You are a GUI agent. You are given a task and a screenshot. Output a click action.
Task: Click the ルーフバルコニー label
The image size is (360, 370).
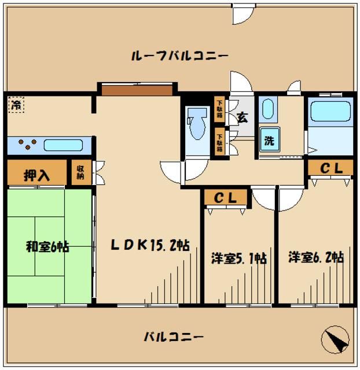click(x=179, y=56)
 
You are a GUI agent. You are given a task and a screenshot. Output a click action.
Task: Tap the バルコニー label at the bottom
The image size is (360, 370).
click(x=172, y=337)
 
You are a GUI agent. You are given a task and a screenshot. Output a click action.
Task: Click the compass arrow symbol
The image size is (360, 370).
click(x=336, y=339)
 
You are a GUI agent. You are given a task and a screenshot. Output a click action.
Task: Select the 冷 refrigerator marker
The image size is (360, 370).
click(x=16, y=105)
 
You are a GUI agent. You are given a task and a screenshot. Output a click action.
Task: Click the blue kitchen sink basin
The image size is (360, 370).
click(x=64, y=145)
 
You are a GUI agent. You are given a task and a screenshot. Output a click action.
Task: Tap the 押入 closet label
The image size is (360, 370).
click(x=36, y=176)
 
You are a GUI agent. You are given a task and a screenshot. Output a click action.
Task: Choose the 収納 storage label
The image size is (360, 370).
click(x=81, y=172)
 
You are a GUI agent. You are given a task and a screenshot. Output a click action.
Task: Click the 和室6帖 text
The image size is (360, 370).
click(x=47, y=247)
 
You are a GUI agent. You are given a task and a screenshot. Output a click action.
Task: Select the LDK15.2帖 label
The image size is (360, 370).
click(x=149, y=245)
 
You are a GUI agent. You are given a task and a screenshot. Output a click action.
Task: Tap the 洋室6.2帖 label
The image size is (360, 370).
click(x=315, y=257)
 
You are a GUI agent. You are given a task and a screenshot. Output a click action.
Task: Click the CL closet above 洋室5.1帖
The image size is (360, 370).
click(x=225, y=198)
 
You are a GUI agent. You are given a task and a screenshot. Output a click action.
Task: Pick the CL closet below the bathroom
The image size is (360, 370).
click(x=329, y=168)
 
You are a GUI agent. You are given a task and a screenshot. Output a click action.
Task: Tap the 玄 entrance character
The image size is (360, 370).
click(x=242, y=117)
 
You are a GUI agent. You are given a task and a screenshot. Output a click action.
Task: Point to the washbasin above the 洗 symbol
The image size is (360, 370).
click(x=267, y=109)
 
